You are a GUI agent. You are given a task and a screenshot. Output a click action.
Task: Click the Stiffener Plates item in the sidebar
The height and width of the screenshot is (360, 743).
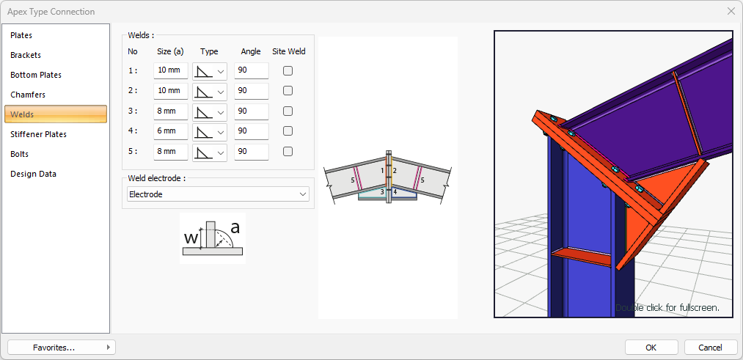click(x=38, y=134)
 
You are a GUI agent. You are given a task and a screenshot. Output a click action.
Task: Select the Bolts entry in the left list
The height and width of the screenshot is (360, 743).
click(x=20, y=154)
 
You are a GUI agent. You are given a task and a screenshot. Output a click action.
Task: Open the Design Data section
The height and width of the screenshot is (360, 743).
click(x=33, y=174)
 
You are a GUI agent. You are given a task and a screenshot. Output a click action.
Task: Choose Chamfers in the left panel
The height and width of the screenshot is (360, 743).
click(x=28, y=95)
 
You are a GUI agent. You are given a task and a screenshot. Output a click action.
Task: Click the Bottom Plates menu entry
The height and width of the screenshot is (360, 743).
click(x=36, y=75)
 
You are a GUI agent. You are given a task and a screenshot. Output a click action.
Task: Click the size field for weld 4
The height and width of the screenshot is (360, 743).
click(x=170, y=131)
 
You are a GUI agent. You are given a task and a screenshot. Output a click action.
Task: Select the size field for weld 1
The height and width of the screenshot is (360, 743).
click(x=170, y=70)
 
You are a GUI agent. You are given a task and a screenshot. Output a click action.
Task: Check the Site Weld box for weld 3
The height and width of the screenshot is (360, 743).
click(x=288, y=111)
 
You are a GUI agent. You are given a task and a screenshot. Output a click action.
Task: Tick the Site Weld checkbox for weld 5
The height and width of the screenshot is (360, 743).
click(x=288, y=152)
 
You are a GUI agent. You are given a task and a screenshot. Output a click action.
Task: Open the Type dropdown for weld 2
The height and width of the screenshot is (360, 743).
click(x=210, y=91)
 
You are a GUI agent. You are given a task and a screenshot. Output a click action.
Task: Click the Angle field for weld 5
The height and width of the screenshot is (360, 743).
click(x=251, y=152)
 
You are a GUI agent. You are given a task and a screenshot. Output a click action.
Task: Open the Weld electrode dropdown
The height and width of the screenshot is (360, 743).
click(x=218, y=194)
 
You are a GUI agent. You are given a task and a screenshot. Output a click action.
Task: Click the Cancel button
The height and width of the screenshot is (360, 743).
click(x=710, y=347)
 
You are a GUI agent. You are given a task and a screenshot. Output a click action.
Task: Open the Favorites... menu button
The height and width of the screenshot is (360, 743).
click(x=61, y=347)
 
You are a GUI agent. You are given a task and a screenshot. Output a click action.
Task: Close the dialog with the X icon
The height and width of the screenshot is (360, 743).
click(x=731, y=11)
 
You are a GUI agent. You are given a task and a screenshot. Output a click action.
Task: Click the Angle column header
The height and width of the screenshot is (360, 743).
click(x=251, y=51)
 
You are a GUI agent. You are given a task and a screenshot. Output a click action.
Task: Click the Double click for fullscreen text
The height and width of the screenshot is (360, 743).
click(x=667, y=307)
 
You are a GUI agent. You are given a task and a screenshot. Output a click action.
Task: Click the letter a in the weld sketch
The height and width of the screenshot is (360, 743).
click(x=235, y=228)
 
